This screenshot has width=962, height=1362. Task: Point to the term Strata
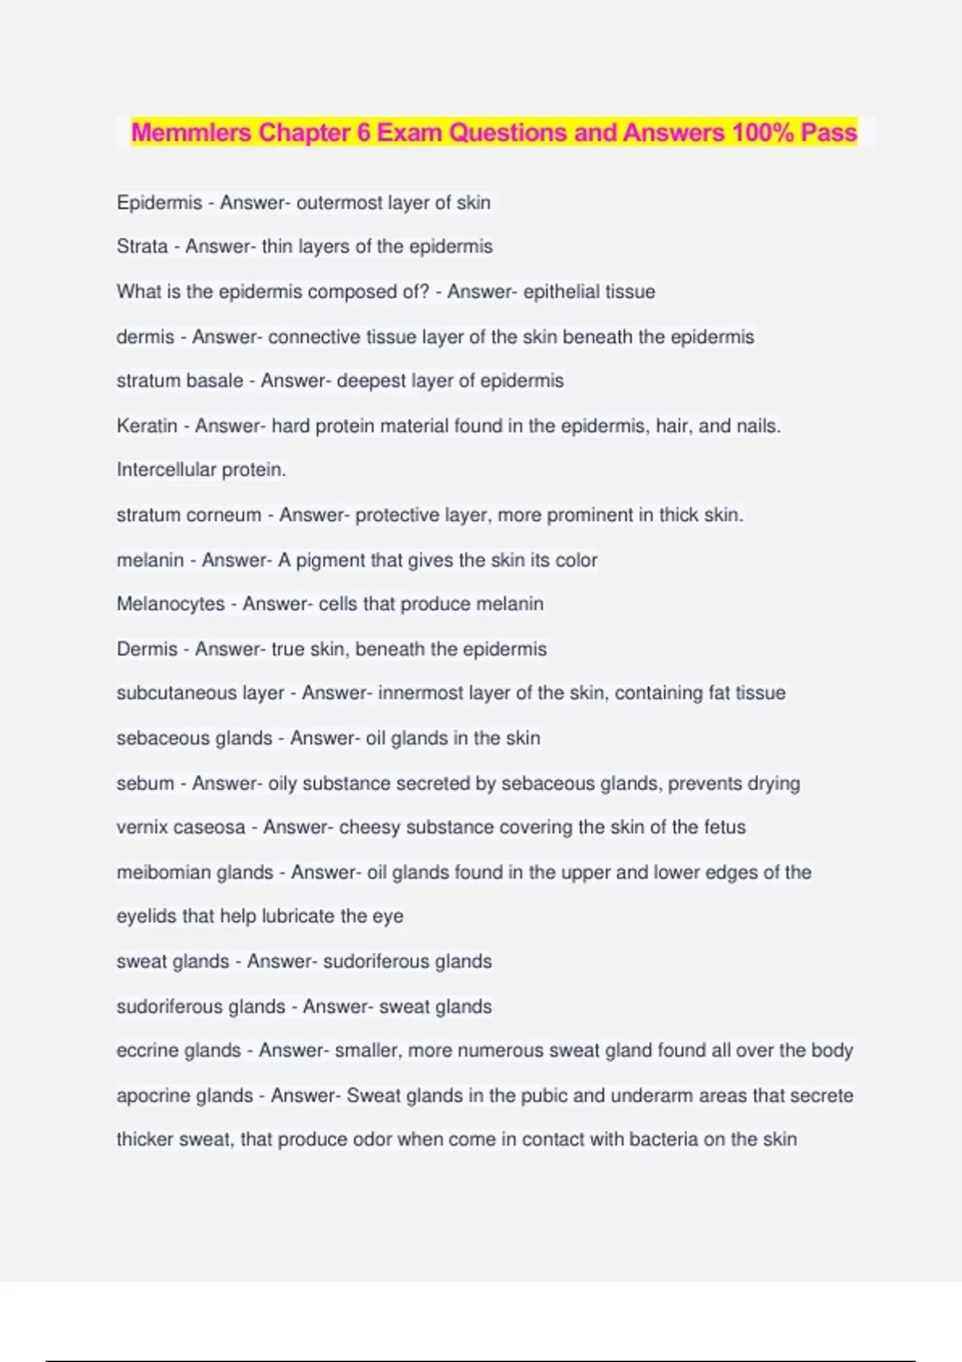tap(142, 247)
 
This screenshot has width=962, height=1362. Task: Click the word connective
tap(314, 337)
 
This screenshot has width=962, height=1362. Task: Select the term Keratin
tap(147, 425)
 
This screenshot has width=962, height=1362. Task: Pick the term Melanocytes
tap(171, 604)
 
